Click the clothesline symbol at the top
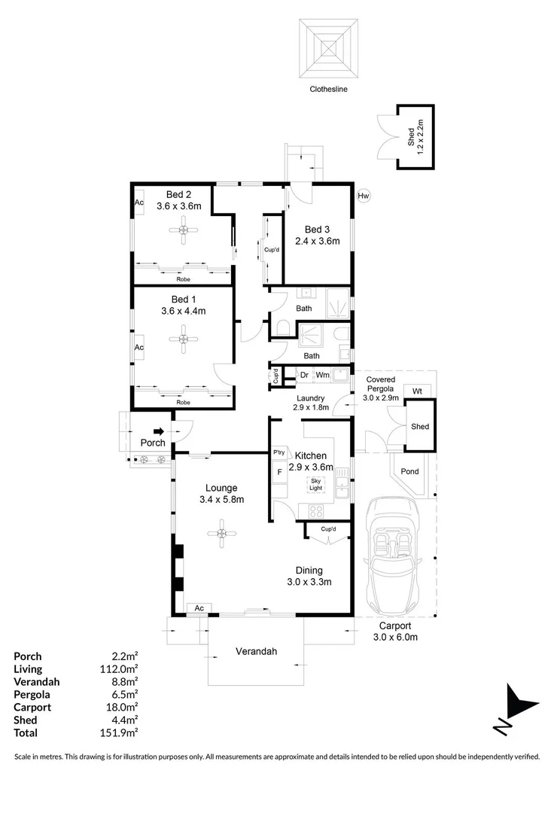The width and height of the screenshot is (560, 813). [x=328, y=49]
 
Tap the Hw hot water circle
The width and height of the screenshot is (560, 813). [x=364, y=196]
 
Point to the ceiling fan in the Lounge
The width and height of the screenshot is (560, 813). [x=222, y=534]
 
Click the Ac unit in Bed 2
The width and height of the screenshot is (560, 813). [x=139, y=203]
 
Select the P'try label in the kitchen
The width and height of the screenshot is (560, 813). [x=279, y=452]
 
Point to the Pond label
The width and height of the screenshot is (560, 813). [x=410, y=472]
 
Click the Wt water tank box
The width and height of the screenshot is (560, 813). [x=416, y=391]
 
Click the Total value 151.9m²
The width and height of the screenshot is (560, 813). [x=121, y=732]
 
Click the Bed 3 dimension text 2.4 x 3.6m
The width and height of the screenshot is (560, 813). [x=322, y=242]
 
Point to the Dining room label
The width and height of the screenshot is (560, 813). [x=309, y=570]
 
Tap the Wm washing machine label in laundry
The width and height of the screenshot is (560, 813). [x=322, y=374]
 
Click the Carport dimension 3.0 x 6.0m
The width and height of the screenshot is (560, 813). [x=395, y=637]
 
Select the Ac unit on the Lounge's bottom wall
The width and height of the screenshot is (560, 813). [x=199, y=607]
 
